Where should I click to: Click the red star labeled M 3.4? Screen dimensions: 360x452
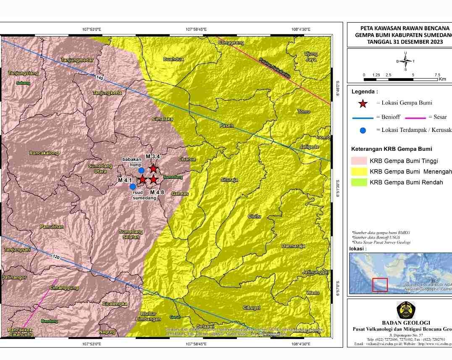click(153, 168)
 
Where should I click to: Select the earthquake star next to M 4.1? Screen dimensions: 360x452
click(142, 179)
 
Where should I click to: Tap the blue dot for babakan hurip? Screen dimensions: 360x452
click(142, 170)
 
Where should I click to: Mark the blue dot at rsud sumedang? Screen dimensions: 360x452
click(133, 187)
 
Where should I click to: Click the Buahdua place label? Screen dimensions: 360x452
click(173, 59)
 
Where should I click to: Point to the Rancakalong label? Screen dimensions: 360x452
click(44, 153)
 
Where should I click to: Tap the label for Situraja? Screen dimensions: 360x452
click(229, 180)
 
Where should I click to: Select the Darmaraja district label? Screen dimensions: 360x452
click(293, 246)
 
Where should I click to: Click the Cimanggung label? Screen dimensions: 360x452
click(64, 288)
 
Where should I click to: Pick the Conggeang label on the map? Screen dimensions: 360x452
click(231, 42)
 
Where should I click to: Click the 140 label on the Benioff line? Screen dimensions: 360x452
click(99, 78)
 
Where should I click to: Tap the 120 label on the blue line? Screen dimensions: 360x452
click(56, 256)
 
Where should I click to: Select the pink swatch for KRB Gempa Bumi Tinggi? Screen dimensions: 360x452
click(359, 160)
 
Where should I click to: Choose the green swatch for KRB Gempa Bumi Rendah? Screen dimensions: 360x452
click(359, 182)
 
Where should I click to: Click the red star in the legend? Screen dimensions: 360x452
click(363, 103)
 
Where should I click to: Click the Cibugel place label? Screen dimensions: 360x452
click(252, 308)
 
